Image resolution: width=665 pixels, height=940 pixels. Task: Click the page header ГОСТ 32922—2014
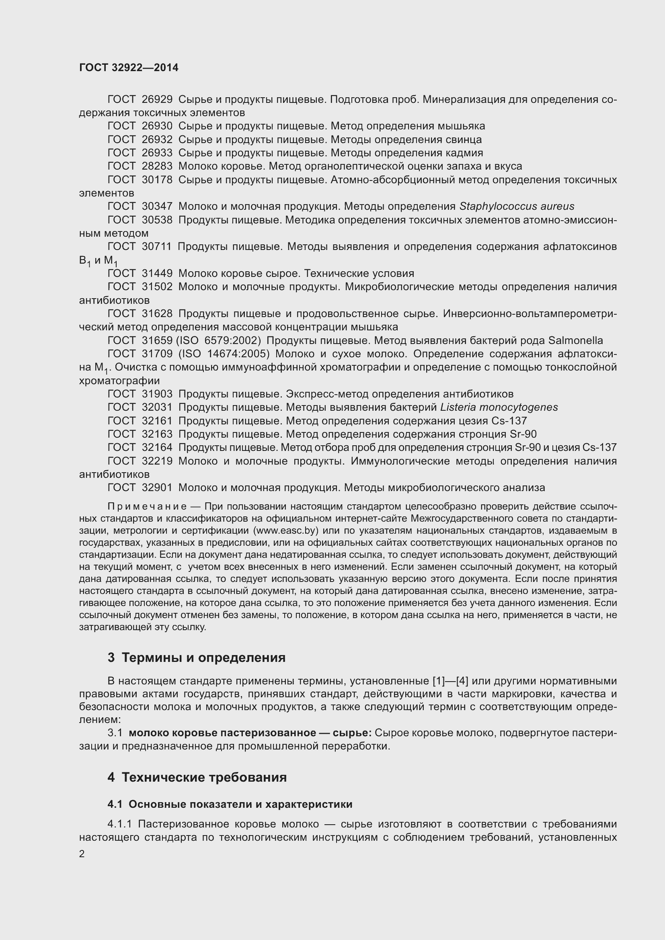pyautogui.click(x=129, y=68)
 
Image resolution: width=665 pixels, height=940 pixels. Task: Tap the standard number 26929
pyautogui.click(x=157, y=100)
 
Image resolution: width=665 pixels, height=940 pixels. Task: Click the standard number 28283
pyautogui.click(x=157, y=166)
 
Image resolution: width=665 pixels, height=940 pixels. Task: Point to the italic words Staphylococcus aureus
pyautogui.click(x=517, y=206)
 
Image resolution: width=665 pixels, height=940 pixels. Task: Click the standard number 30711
pyautogui.click(x=157, y=246)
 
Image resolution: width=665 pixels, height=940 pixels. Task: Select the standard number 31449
pyautogui.click(x=157, y=274)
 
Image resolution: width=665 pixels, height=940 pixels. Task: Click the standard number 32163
pyautogui.click(x=157, y=434)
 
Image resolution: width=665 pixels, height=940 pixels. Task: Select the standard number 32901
pyautogui.click(x=157, y=487)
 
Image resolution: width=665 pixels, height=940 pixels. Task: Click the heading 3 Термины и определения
pyautogui.click(x=197, y=658)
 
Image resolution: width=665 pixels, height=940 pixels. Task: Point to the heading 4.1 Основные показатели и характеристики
pyautogui.click(x=230, y=805)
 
